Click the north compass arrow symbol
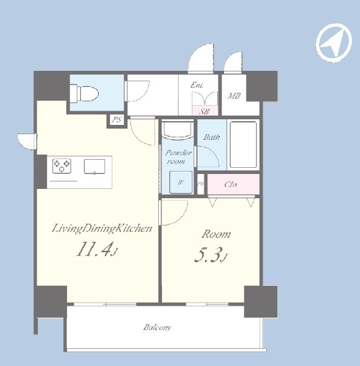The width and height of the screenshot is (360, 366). click(x=334, y=43)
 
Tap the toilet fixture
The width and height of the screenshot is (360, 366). click(x=84, y=94)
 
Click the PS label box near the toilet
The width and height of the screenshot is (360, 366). click(x=117, y=120)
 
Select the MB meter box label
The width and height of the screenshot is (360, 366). click(x=234, y=96)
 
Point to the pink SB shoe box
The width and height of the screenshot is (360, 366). click(x=205, y=111)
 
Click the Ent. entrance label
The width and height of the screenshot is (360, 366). click(x=197, y=85)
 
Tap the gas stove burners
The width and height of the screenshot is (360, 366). click(x=62, y=166)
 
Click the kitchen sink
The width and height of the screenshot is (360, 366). click(x=94, y=167)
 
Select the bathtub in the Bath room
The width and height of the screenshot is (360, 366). click(x=243, y=145)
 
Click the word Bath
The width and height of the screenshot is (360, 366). click(x=212, y=137)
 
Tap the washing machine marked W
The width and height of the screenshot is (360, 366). click(x=181, y=182)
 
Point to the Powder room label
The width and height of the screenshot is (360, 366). click(x=178, y=157)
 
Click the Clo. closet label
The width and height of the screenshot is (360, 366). click(x=231, y=185)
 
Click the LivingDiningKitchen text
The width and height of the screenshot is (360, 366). click(x=102, y=228)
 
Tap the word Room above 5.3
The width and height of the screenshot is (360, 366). click(x=216, y=234)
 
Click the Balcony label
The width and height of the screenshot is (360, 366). click(x=158, y=327)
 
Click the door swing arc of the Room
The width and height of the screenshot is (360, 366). click(x=182, y=217)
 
